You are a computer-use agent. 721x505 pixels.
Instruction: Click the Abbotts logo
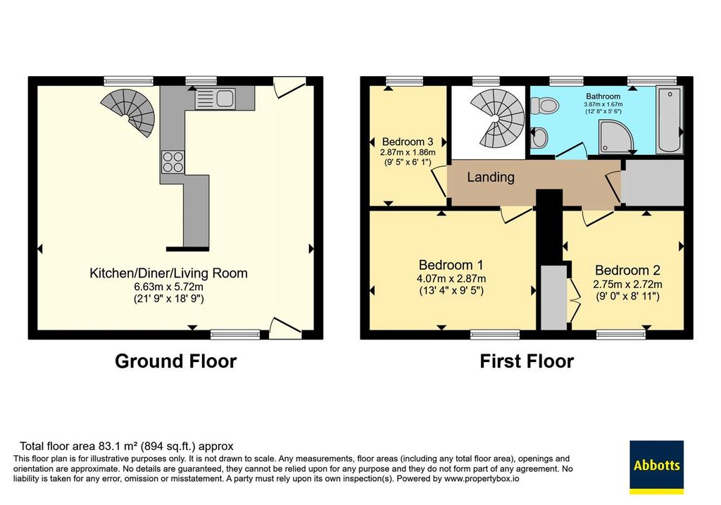click(x=656, y=467)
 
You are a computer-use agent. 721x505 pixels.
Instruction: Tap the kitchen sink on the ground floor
click(x=215, y=99)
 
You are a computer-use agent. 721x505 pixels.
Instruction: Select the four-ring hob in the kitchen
click(x=173, y=162)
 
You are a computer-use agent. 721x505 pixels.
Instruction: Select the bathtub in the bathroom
click(x=670, y=119)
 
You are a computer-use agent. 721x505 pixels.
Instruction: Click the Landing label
click(x=491, y=177)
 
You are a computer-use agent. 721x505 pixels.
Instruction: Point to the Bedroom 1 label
click(x=451, y=265)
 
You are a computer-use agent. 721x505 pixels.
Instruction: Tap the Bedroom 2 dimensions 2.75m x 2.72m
click(x=627, y=285)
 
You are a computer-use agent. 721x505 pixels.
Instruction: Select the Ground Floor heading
click(x=175, y=361)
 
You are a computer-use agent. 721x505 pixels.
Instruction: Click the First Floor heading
click(x=527, y=361)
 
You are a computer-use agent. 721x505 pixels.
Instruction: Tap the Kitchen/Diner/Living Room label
click(x=168, y=273)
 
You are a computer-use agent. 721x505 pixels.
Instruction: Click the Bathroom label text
click(x=603, y=96)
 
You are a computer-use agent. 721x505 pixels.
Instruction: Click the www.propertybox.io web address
click(x=481, y=479)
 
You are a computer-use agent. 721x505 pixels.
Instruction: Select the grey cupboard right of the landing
click(x=653, y=182)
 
